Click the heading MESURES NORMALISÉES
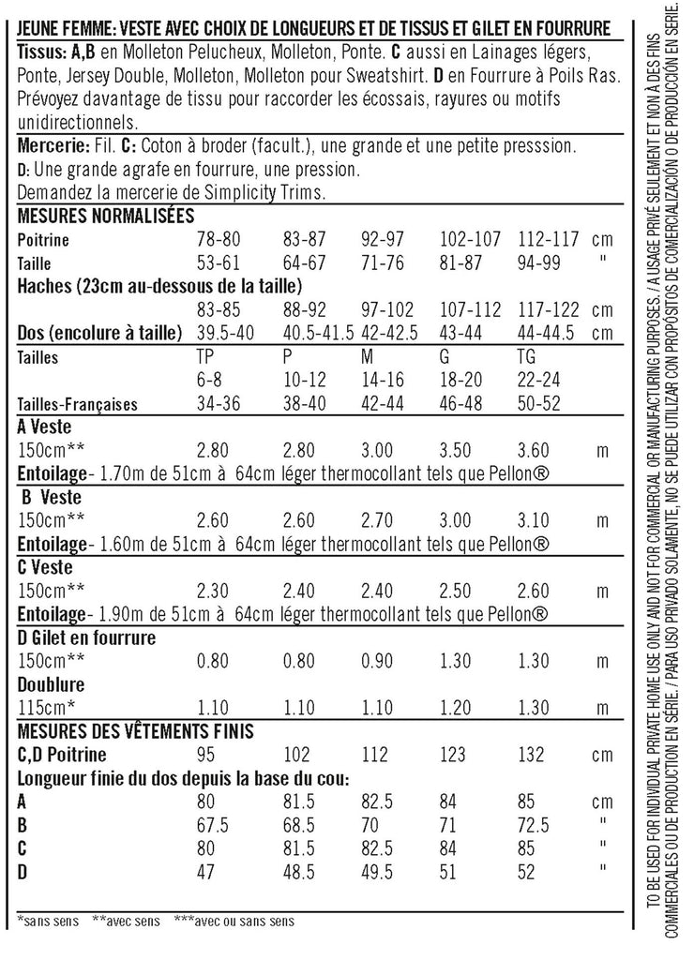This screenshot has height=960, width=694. tap(106, 216)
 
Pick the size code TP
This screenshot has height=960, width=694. tap(206, 357)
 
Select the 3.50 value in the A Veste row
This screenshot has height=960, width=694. tap(459, 451)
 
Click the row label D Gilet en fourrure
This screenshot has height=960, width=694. tap(87, 637)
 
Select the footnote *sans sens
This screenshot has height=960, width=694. tap(48, 920)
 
